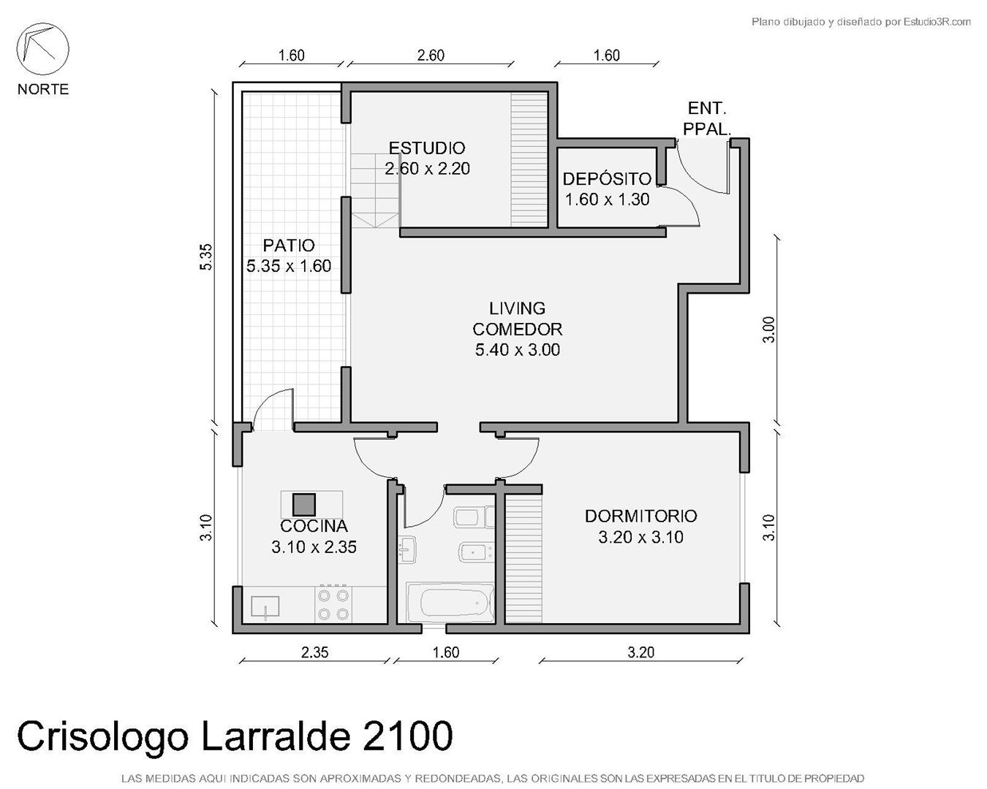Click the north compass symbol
coord(42,49)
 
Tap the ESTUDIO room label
coord(427,148)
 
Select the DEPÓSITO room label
coord(607,179)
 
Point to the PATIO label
coord(289,245)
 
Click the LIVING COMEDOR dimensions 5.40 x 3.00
coord(518,350)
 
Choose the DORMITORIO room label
coord(640,517)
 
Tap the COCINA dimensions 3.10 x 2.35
coord(314,547)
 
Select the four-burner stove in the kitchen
coord(333,604)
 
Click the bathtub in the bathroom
coord(450,603)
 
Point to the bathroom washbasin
coord(406,549)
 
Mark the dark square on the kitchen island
coord(304,504)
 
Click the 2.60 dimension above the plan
coord(430,56)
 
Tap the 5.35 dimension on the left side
coord(206,256)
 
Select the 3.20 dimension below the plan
coord(640,652)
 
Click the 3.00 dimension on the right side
coord(768,329)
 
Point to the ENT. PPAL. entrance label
coord(707,119)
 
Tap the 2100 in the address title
coord(407,736)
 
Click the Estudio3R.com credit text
coord(937,21)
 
